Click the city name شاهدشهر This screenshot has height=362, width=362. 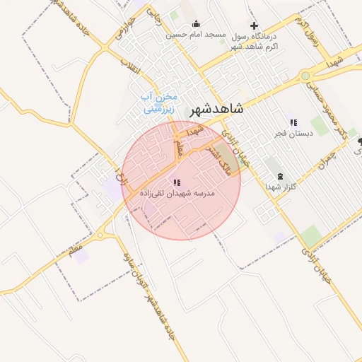pos(216,109)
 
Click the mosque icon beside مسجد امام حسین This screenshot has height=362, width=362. pos(196,25)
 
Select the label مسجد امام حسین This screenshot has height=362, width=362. pos(196,35)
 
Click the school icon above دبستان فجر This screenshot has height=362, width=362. pos(293,122)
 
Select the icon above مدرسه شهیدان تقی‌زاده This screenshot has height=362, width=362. pos(176,182)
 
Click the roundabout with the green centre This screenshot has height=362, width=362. pos(305,76)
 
